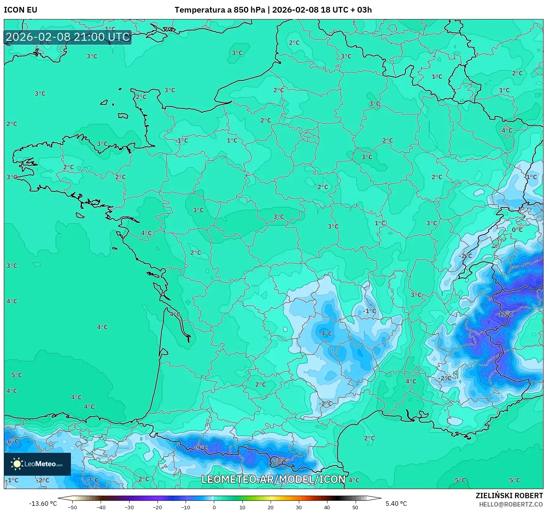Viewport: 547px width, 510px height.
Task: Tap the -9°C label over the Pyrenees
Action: click(201, 447)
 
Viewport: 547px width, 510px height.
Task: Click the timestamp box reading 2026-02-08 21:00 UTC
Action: click(68, 37)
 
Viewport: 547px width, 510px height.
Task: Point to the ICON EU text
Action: click(21, 10)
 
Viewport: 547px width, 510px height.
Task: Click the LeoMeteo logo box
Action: click(37, 464)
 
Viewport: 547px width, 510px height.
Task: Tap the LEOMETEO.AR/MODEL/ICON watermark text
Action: click(273, 479)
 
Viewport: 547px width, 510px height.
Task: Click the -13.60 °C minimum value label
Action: click(43, 504)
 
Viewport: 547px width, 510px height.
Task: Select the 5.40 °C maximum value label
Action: click(396, 504)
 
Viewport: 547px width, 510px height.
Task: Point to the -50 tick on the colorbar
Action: click(72, 507)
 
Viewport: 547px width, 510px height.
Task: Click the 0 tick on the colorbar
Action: click(214, 507)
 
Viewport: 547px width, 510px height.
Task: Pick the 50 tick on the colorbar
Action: click(355, 507)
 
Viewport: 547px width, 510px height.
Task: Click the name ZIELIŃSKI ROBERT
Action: click(509, 496)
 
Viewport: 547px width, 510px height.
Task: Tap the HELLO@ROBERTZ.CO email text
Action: click(511, 504)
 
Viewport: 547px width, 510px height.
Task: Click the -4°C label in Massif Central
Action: click(325, 333)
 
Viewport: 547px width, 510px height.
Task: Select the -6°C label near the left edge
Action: click(12, 441)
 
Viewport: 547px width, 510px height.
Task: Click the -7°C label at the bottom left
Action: click(92, 480)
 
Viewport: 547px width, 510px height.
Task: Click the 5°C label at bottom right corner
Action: click(515, 480)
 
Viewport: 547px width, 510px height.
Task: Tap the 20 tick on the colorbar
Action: click(270, 507)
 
